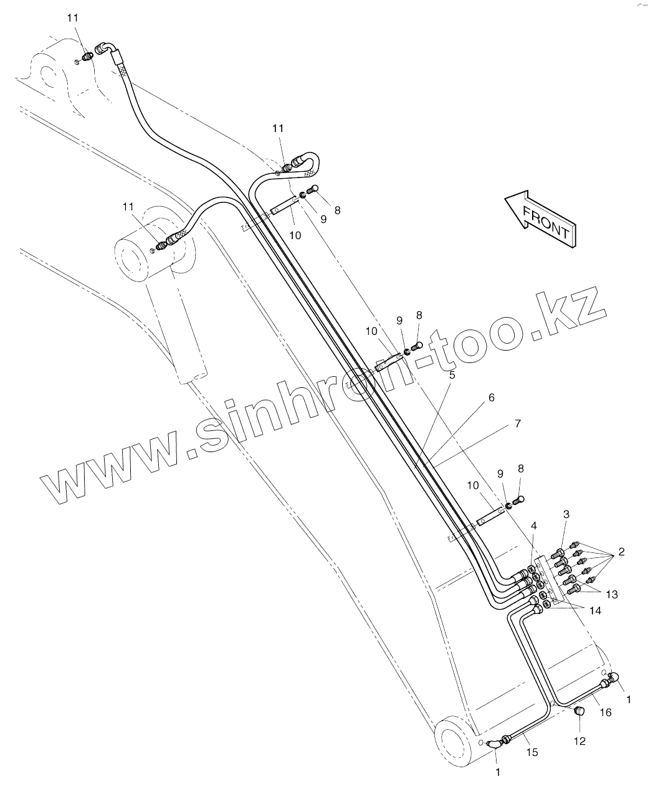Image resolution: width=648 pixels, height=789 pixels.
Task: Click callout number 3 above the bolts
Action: pos(566,514)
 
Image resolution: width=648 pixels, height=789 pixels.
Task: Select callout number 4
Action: pos(533,526)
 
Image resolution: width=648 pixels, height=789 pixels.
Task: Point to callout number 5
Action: pos(452,375)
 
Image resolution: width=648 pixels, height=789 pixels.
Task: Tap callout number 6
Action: pos(491,397)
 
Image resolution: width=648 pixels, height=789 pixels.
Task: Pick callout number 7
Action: pos(517,423)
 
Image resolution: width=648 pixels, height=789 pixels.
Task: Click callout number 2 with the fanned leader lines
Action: pos(621,552)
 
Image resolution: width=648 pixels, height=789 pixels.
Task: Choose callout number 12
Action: pos(579,741)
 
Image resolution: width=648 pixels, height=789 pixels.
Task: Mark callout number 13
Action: pos(612,595)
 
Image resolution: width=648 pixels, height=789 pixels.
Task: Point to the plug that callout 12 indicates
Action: pos(578,711)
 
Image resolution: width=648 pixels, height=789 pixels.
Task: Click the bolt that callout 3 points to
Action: pos(560,552)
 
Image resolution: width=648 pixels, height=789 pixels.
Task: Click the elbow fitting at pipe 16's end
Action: pos(612,679)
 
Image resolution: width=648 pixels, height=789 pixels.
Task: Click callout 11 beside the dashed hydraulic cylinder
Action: pos(128,206)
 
